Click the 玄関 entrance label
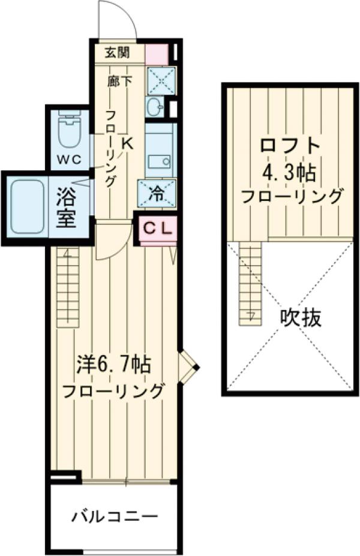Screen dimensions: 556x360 point(118,52)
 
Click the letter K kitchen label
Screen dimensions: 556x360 point(128,143)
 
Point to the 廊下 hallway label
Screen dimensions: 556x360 point(118,81)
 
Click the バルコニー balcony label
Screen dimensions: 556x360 point(115,515)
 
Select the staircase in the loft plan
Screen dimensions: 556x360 point(250,282)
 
